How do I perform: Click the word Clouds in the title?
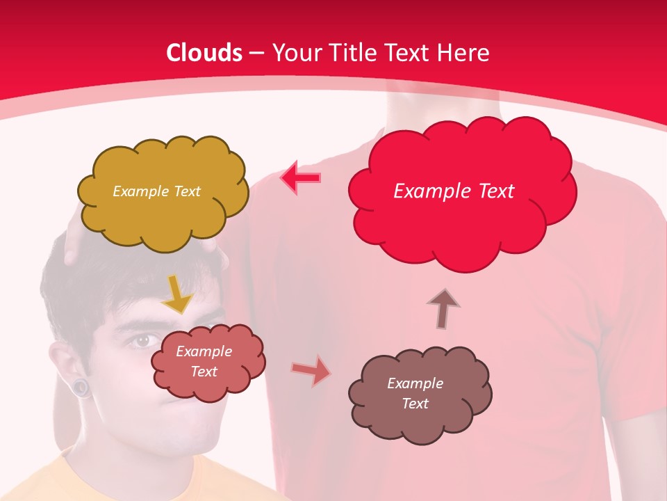point(204,53)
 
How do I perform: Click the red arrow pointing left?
point(301,178)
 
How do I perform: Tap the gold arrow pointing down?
point(177,295)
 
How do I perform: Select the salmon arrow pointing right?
point(311,370)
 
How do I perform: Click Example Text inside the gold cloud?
point(156,191)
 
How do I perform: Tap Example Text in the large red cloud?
point(454,191)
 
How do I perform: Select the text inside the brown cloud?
point(415,393)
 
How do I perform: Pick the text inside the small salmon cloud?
point(204,361)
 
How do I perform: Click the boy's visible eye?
point(142,340)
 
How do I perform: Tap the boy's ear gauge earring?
point(82,387)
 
